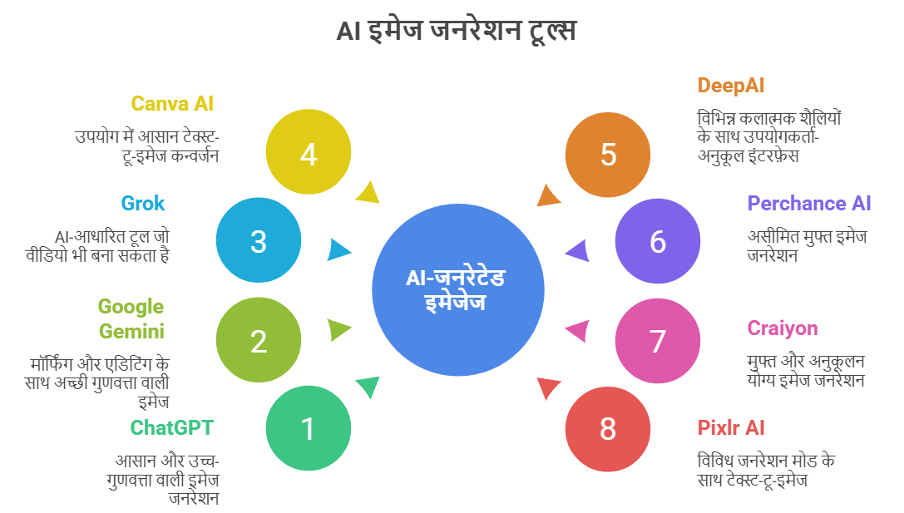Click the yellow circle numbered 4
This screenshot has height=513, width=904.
[x=309, y=151]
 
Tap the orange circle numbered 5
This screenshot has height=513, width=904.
[x=608, y=155]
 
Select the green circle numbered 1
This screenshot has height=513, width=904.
[x=309, y=428]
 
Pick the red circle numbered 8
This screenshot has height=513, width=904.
[x=608, y=429]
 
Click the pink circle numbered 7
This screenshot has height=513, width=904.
[x=658, y=341]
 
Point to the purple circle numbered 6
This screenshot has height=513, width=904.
[x=658, y=241]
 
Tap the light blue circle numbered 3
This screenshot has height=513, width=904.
[x=259, y=239]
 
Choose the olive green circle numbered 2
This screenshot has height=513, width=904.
[x=259, y=339]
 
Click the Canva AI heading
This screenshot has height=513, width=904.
[x=172, y=104]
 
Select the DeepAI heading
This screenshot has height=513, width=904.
[x=731, y=86]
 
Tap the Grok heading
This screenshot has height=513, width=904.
[x=143, y=204]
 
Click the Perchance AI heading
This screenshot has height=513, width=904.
[x=809, y=204]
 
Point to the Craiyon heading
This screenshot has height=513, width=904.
[x=783, y=328]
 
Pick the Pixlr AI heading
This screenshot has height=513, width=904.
[x=731, y=427]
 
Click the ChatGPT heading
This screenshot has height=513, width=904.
[x=172, y=427]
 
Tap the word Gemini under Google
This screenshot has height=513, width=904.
[x=131, y=332]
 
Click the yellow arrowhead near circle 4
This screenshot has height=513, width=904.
[x=368, y=192]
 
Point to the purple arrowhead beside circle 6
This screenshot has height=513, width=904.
[x=578, y=251]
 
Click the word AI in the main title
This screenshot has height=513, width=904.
[x=348, y=31]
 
